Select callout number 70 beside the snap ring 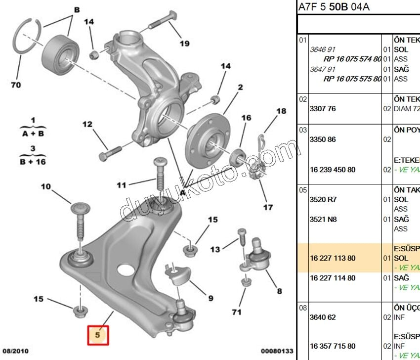(16, 85)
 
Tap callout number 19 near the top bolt (184, 43)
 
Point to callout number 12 (87, 124)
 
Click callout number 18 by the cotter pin (281, 111)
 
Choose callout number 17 (267, 207)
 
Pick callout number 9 (210, 298)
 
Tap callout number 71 (237, 312)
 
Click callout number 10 (45, 186)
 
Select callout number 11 (122, 185)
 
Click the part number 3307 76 (323, 108)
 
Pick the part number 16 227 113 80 (333, 258)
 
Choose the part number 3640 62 (323, 316)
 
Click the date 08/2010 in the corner (15, 351)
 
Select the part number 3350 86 (323, 139)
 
